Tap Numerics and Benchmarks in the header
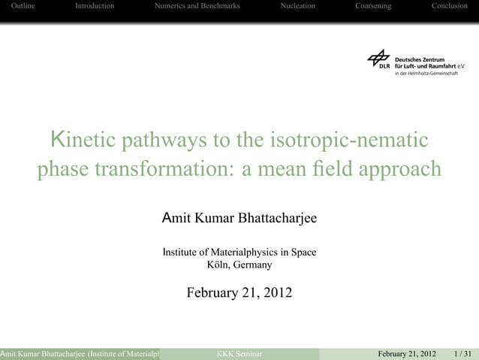click(x=197, y=6)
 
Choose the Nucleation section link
click(x=297, y=6)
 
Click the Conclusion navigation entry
click(x=449, y=6)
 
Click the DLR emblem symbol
click(x=379, y=58)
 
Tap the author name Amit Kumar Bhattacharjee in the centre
click(x=239, y=219)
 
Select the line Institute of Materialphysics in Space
click(x=239, y=252)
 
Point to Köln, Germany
click(x=239, y=265)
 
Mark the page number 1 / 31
click(x=463, y=353)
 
